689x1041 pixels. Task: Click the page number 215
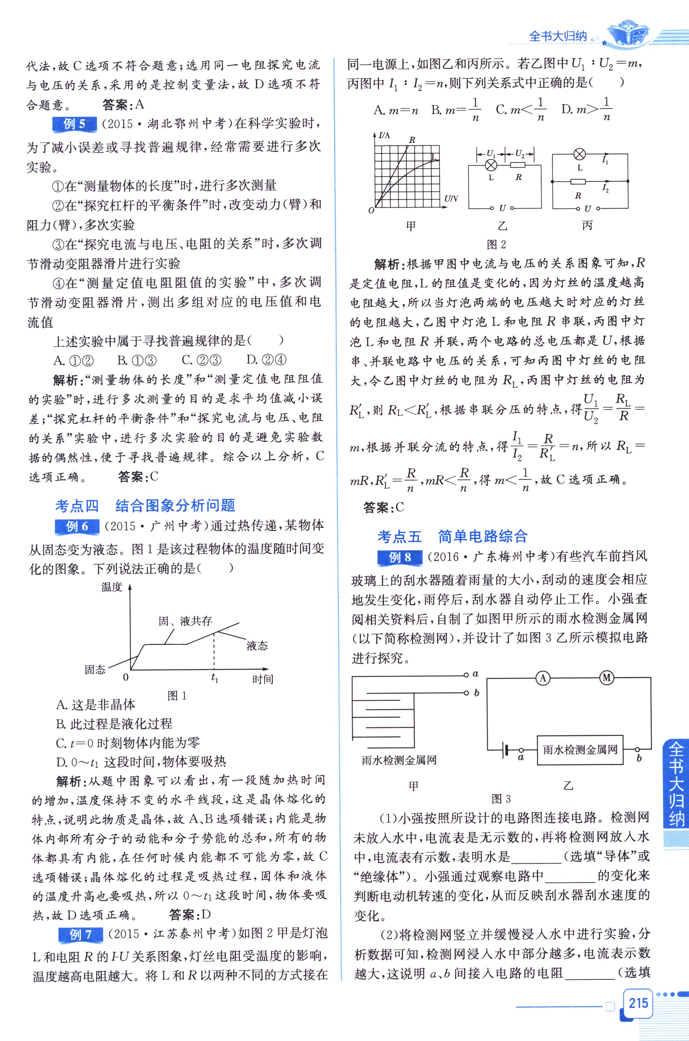coord(638,1002)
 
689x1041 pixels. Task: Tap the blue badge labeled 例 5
coord(74,124)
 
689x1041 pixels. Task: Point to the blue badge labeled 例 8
coord(400,557)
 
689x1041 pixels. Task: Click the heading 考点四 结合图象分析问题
coord(145,506)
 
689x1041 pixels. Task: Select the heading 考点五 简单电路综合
coord(452,537)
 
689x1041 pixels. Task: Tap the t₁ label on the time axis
coord(215,678)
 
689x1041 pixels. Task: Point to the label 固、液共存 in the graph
coord(185,621)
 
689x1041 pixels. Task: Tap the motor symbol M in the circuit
coord(607,678)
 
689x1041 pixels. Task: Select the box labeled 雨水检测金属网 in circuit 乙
coord(580,750)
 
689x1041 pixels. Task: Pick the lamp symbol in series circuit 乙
coord(491,165)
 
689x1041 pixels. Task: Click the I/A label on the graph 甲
coord(384,135)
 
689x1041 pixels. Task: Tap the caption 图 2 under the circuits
coord(497,244)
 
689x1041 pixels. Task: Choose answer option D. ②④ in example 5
coord(266,360)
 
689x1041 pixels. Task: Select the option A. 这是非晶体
coord(96,705)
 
